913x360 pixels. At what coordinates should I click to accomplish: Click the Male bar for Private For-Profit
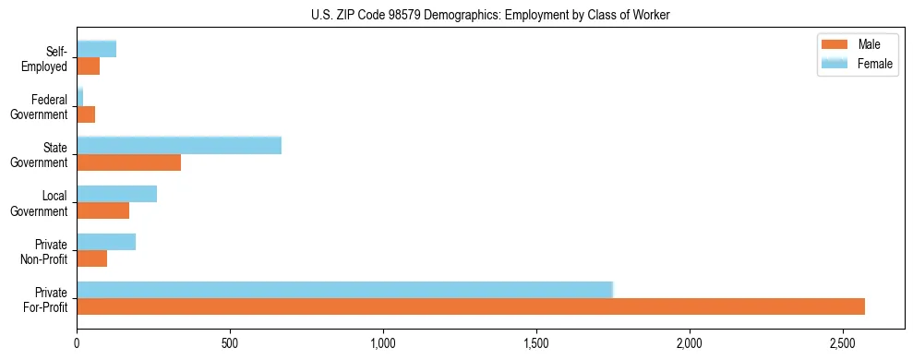[x=471, y=306]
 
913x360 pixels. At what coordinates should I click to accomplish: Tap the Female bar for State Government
[x=179, y=146]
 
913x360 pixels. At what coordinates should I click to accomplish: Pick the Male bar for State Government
[x=128, y=162]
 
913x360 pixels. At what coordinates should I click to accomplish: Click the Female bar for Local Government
[x=116, y=194]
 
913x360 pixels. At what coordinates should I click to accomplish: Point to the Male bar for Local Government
[x=102, y=210]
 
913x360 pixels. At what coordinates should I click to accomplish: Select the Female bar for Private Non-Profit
[x=106, y=242]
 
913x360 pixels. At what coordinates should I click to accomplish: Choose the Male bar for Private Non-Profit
[x=91, y=258]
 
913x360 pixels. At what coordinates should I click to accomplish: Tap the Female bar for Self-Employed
[x=96, y=50]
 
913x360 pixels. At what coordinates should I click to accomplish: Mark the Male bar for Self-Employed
[x=88, y=66]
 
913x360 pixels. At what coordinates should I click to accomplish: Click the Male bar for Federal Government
[x=86, y=114]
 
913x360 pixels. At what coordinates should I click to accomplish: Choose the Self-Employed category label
[x=49, y=59]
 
